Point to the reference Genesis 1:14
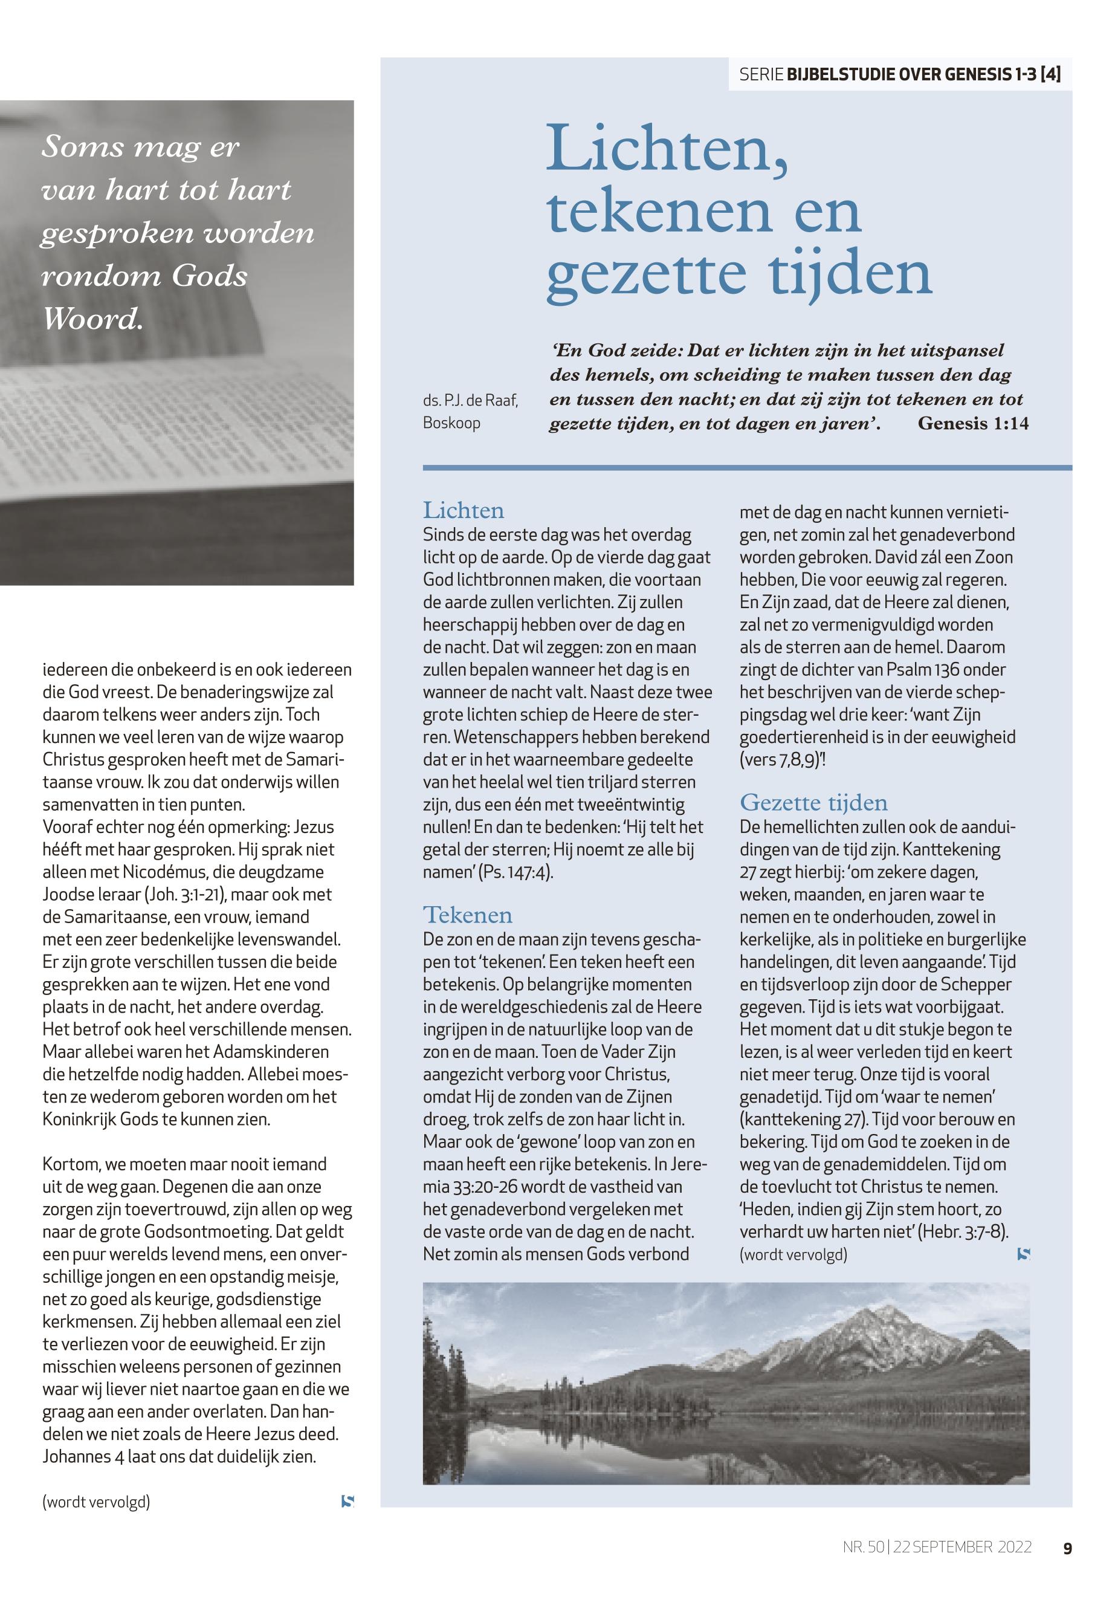point(972,424)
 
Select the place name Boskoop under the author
point(451,424)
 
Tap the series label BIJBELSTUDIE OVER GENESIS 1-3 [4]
point(923,75)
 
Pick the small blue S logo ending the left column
point(347,1501)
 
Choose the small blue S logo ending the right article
point(1024,1254)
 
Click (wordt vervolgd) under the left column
point(97,1501)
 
